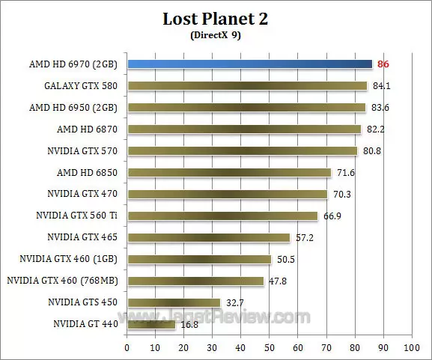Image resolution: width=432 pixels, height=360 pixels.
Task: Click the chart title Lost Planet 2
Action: pyautogui.click(x=215, y=19)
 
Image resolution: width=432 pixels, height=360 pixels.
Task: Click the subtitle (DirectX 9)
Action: pyautogui.click(x=215, y=34)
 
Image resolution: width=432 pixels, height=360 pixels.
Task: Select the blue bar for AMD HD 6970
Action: pyautogui.click(x=249, y=64)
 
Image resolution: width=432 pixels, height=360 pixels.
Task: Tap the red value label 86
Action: pyautogui.click(x=383, y=64)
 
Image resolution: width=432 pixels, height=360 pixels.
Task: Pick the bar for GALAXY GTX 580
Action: pyautogui.click(x=247, y=86)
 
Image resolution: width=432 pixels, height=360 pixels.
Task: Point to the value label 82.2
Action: pyautogui.click(x=375, y=129)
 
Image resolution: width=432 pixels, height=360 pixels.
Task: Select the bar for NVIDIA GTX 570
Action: pyautogui.click(x=243, y=151)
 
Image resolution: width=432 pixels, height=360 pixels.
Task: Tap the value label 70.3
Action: pyautogui.click(x=341, y=195)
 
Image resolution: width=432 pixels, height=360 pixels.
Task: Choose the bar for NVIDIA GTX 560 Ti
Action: pyautogui.click(x=222, y=216)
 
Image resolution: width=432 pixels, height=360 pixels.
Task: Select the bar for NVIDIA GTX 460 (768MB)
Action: pyautogui.click(x=195, y=281)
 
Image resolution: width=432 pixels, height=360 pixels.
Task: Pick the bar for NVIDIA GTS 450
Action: pyautogui.click(x=174, y=303)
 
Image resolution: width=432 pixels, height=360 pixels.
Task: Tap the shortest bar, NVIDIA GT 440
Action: pyautogui.click(x=151, y=325)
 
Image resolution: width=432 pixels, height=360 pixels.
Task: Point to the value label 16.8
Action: pyautogui.click(x=189, y=325)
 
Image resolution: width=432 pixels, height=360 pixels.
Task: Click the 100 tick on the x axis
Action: pyautogui.click(x=411, y=348)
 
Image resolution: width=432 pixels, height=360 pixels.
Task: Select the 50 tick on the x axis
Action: pyautogui.click(x=269, y=348)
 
